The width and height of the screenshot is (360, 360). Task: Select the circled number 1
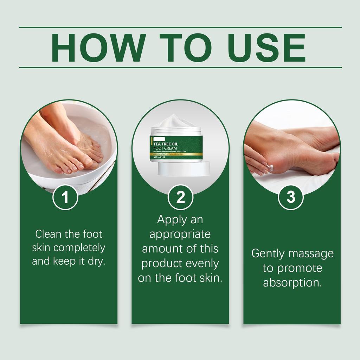(x=65, y=197)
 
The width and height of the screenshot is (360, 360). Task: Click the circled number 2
(x=180, y=197)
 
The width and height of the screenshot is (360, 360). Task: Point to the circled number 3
(x=291, y=197)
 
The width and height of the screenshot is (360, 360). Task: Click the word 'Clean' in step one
(x=47, y=234)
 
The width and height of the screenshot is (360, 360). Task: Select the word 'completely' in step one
(x=80, y=247)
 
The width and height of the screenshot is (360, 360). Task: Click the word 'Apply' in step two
(x=171, y=220)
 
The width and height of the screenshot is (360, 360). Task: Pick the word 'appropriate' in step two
(x=180, y=234)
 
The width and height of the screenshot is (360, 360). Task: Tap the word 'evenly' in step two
(x=201, y=263)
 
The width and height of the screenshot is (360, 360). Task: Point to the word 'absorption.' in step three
(x=292, y=282)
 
